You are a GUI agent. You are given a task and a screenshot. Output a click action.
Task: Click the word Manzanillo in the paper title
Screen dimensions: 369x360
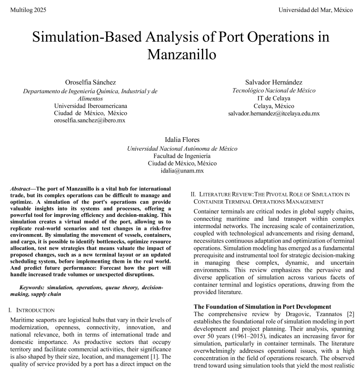coord(181,54)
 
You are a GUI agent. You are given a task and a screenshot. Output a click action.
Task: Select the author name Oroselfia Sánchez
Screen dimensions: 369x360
coord(90,83)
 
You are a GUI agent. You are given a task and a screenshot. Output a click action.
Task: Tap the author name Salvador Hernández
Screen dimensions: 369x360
coord(274,82)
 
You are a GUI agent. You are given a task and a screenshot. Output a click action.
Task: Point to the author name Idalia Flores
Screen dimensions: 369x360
coord(182,140)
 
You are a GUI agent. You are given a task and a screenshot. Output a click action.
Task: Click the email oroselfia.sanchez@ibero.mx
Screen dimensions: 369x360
coord(90,120)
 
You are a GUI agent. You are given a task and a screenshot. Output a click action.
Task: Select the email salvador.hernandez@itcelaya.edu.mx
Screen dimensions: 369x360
coord(274,113)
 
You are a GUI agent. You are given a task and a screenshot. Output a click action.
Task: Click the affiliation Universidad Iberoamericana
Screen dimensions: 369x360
coord(90,106)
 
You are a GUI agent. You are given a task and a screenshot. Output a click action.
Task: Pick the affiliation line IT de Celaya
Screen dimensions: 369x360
coord(274,98)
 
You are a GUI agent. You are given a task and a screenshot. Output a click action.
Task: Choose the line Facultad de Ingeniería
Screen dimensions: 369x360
coord(182,156)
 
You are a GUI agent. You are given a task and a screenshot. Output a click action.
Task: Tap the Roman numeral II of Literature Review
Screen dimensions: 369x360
coord(193,194)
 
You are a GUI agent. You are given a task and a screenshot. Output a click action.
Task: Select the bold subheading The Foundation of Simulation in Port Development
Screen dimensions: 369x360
coord(262,306)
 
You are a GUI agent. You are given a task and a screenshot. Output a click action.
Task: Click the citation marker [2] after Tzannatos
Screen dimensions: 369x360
coord(351,314)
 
